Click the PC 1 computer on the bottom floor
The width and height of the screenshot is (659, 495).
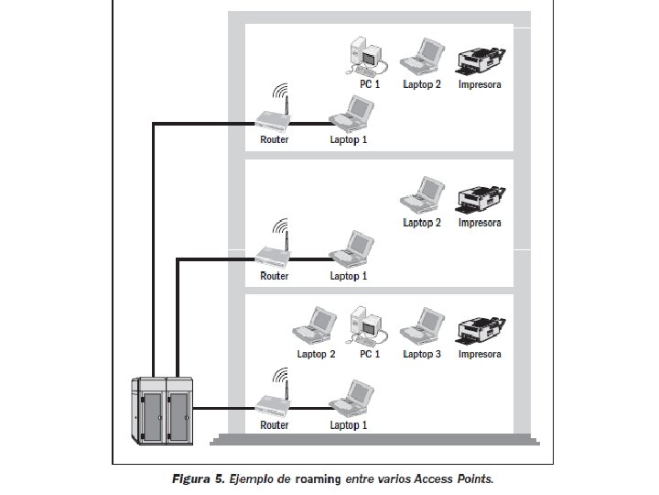pyautogui.click(x=369, y=325)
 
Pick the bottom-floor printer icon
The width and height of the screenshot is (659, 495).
pyautogui.click(x=480, y=328)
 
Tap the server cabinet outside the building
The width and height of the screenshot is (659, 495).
pyautogui.click(x=164, y=412)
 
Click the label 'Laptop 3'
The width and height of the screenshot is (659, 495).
pyautogui.click(x=423, y=354)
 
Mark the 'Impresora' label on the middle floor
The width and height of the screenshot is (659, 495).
pyautogui.click(x=480, y=222)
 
